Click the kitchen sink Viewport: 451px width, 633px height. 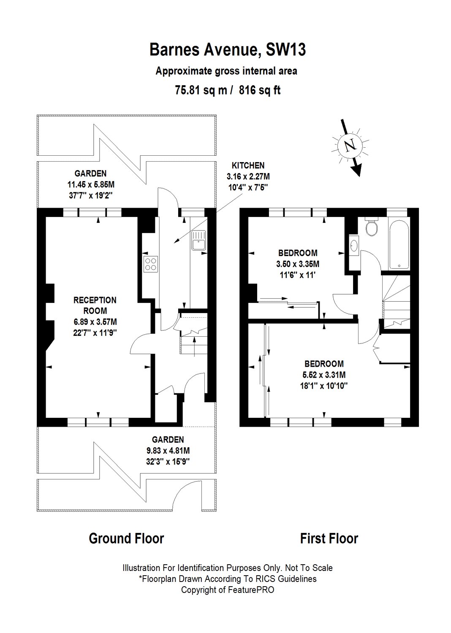(199, 240)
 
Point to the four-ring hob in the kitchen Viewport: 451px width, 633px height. (151, 264)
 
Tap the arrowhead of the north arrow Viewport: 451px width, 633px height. (357, 170)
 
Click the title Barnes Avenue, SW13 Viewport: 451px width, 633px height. (228, 50)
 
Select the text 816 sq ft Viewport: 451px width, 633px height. (260, 90)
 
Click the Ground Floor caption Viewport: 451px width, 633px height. (126, 538)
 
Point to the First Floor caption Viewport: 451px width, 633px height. (329, 538)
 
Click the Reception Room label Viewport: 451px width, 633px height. (95, 305)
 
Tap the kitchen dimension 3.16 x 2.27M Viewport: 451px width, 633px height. (248, 177)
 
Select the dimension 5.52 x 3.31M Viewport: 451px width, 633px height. (324, 375)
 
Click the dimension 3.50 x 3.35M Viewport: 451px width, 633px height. (298, 264)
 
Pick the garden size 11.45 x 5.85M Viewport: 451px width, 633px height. (91, 184)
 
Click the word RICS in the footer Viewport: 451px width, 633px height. (267, 579)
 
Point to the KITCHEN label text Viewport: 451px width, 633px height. (248, 165)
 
